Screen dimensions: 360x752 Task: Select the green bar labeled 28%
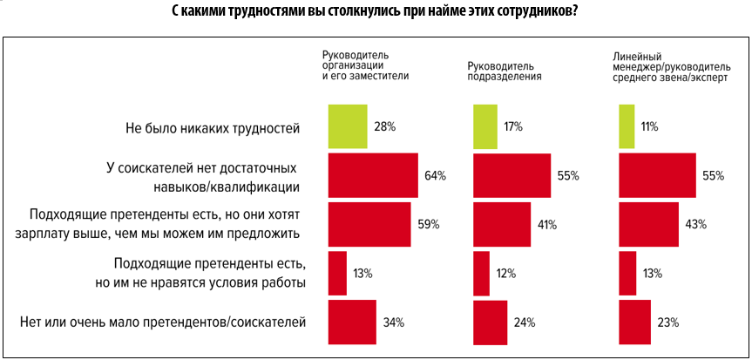tap(347, 126)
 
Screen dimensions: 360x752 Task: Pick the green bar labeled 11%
tap(626, 126)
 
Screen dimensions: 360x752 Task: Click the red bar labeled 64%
tap(372, 175)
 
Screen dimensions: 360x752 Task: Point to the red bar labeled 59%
tap(369, 224)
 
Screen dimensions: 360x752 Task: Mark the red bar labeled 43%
tap(648, 224)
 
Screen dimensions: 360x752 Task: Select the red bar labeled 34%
tap(351, 323)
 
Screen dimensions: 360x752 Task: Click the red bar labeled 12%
tap(481, 274)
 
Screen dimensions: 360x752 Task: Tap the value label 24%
tap(524, 323)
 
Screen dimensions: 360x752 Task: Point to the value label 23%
tap(667, 323)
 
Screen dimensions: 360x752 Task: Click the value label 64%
tap(436, 175)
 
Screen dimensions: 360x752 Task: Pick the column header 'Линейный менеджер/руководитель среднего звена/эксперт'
tap(672, 65)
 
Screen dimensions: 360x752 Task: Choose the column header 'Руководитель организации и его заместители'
tap(366, 65)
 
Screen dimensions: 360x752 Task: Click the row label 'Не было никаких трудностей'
tap(213, 127)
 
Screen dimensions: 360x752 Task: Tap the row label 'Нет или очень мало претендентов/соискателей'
tap(163, 323)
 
